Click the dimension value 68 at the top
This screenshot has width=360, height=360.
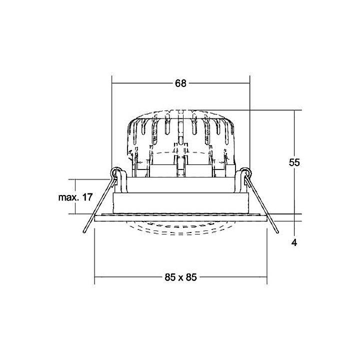[180, 83]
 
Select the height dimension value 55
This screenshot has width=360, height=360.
[294, 162]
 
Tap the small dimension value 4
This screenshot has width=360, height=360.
[294, 242]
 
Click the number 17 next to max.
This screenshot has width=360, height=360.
[87, 197]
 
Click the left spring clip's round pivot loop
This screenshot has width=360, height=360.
[116, 173]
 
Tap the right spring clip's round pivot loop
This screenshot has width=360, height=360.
[244, 173]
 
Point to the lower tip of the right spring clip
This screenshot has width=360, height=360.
[276, 232]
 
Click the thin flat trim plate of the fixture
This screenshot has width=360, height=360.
[180, 217]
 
